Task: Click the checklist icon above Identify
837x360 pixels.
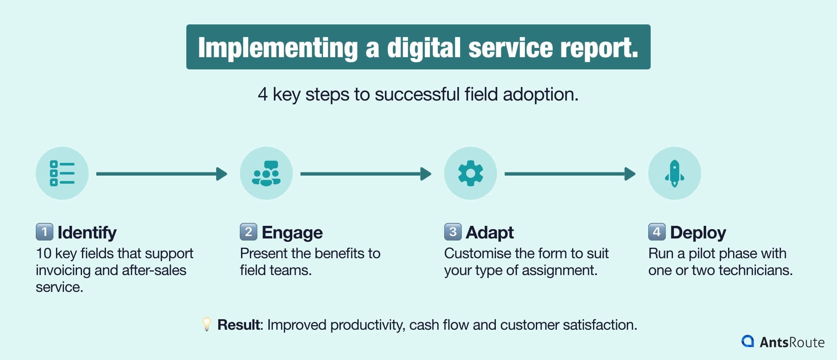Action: coord(62,173)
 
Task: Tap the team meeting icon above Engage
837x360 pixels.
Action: coord(266,173)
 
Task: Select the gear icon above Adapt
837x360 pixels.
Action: coord(470,173)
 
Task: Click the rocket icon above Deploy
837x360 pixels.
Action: coord(674,173)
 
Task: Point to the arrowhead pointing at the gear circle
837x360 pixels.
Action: coord(426,174)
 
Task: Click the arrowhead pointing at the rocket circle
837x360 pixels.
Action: coord(630,174)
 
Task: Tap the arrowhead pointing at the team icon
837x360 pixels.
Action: coord(222,174)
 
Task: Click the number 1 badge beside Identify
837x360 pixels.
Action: coord(45,232)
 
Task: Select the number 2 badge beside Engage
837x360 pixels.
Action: coord(249,232)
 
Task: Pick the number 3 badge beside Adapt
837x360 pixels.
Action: coord(453,232)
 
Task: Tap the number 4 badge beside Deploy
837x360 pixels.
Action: coord(657,232)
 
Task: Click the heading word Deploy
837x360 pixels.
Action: coord(698,233)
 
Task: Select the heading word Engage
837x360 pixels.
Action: coord(292,233)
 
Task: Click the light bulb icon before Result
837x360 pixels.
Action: coord(207,324)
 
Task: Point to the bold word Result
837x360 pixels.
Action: coord(239,325)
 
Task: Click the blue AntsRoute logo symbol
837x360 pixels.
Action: coord(747,341)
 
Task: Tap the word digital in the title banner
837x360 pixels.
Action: coord(424,48)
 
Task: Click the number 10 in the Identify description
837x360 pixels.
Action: coord(44,253)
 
